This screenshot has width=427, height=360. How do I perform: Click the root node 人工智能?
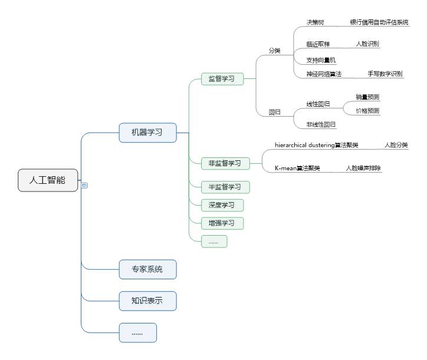pos(48,180)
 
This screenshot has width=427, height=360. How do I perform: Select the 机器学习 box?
pos(147,133)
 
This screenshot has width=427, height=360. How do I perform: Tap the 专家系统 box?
pos(147,270)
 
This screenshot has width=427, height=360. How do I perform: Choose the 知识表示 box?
pos(147,301)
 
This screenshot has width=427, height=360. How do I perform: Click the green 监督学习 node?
pos(222,78)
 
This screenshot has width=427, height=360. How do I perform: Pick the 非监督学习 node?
pos(225,163)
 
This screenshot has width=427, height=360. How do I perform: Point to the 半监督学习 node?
pos(225,187)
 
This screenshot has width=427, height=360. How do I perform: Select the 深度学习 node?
pos(222,205)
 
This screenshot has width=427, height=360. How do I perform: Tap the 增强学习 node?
pos(222,223)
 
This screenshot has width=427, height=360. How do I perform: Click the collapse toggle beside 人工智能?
pos(84,185)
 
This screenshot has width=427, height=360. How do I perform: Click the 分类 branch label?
pos(275,51)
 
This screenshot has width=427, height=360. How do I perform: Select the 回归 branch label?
pos(275,112)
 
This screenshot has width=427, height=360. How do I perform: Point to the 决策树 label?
pos(315,22)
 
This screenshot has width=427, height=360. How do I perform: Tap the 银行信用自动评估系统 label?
pos(379,22)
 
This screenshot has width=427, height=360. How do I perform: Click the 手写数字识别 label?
pos(385,74)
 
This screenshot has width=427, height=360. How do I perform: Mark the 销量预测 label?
pos(367,97)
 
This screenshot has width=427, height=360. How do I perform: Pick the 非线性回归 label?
pos(321,124)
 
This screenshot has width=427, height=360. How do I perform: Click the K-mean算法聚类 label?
pos(297,169)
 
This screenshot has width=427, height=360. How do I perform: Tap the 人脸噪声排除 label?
pos(363,169)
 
